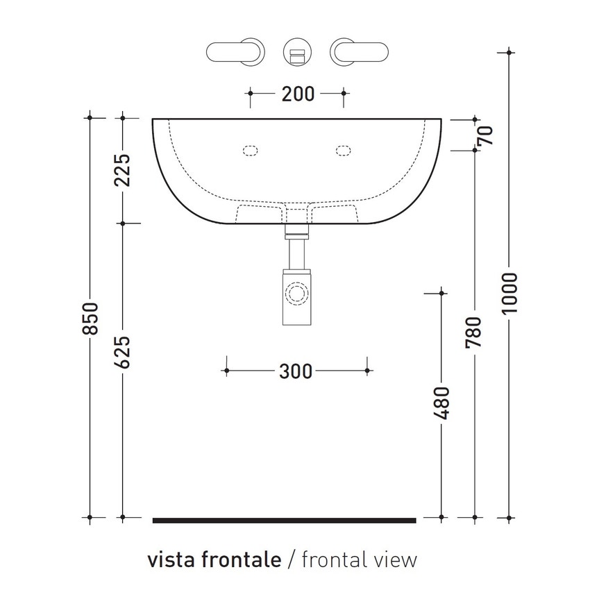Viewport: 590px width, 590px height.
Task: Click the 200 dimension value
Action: (297, 94)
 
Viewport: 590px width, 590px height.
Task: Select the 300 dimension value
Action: (296, 371)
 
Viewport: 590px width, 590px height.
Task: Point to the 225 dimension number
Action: (122, 170)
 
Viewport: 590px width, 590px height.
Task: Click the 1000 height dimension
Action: (509, 292)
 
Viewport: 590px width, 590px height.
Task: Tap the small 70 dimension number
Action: (485, 135)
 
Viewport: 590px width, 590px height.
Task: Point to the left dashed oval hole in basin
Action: (250, 149)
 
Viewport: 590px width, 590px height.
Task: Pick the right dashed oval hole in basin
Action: (344, 149)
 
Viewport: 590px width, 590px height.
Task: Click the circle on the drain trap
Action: (297, 293)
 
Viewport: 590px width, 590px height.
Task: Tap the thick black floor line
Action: (284, 519)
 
